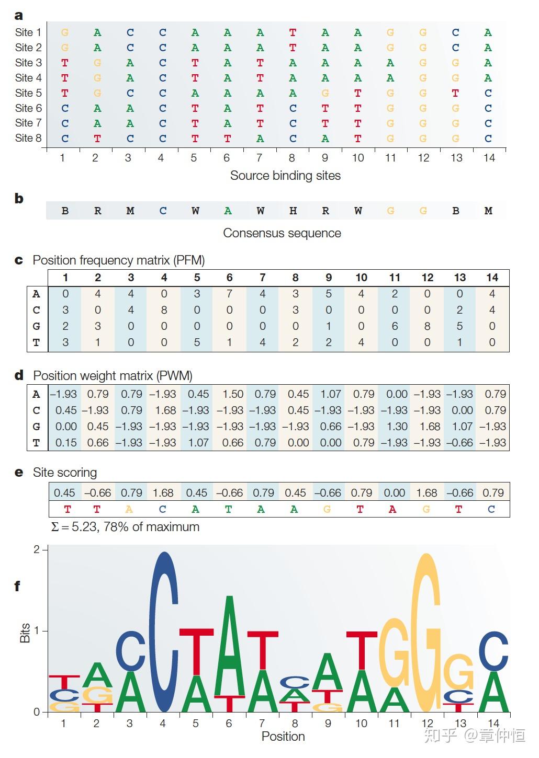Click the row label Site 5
(x=28, y=93)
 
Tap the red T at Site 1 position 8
(x=293, y=32)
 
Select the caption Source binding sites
(x=285, y=176)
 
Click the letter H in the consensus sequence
(x=293, y=211)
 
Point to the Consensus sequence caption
(x=282, y=233)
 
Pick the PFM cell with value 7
(x=229, y=294)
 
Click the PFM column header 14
(x=492, y=278)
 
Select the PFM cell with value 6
(x=395, y=326)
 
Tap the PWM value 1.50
(x=232, y=394)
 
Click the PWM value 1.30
(x=397, y=427)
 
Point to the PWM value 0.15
(x=65, y=443)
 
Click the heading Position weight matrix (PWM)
(x=113, y=376)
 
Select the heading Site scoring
(x=65, y=473)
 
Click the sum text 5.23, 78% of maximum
(x=126, y=527)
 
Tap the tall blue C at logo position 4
(x=164, y=633)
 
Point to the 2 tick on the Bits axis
(x=37, y=549)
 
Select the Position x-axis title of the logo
(x=283, y=737)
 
